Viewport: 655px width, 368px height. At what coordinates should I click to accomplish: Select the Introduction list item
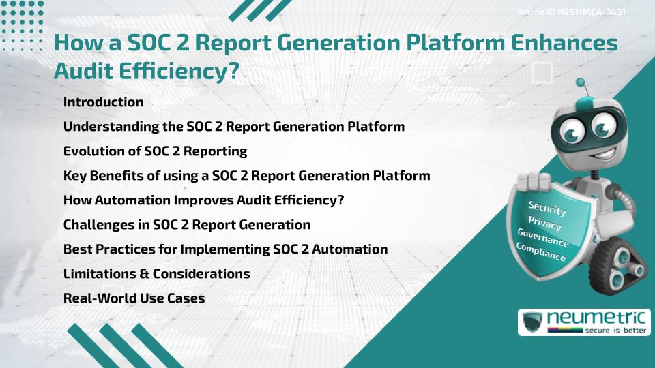tap(103, 102)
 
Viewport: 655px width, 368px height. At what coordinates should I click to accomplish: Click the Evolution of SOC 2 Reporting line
tap(155, 151)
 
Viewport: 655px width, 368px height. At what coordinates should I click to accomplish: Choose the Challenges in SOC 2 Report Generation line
tap(186, 225)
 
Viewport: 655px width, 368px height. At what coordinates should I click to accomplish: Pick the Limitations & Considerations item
tap(156, 274)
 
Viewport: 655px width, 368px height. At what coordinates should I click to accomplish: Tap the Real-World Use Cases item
tap(134, 298)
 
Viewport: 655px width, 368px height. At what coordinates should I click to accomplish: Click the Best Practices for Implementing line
tap(225, 249)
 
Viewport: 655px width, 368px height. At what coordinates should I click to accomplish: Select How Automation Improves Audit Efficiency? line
tap(203, 200)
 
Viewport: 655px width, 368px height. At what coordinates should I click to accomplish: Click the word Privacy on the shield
tap(544, 224)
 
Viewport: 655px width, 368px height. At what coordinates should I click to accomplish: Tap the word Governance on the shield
tap(543, 239)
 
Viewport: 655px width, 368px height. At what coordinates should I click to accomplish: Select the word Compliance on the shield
tap(540, 252)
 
